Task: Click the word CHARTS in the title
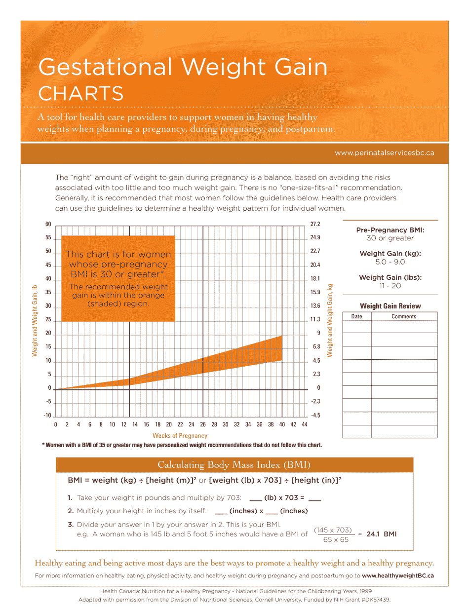(81, 93)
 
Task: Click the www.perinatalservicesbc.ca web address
(384, 153)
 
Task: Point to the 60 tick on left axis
(48, 225)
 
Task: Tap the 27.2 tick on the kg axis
(315, 225)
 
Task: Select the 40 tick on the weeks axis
(282, 424)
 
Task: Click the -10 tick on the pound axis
(47, 416)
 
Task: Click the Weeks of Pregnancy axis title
(180, 436)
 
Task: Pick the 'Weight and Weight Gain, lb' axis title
(35, 321)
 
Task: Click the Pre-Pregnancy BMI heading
(390, 230)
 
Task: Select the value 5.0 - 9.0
(390, 262)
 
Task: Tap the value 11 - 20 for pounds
(390, 286)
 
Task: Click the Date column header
(356, 317)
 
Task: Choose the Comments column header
(404, 317)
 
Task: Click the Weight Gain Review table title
(390, 306)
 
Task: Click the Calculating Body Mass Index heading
(234, 465)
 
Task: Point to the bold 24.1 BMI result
(381, 534)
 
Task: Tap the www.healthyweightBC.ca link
(398, 575)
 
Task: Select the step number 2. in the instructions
(71, 511)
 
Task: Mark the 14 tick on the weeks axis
(135, 424)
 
